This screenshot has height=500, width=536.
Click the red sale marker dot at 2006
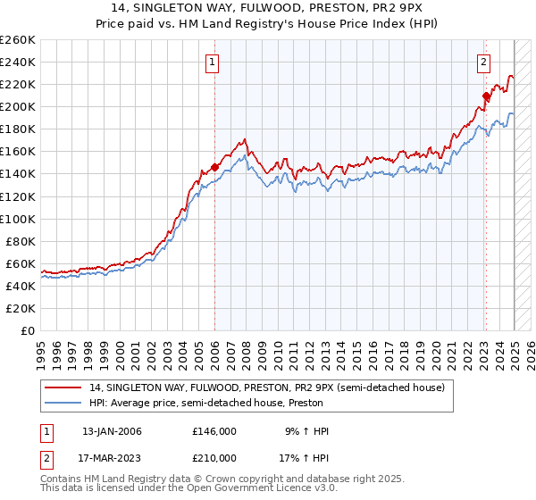tap(215, 166)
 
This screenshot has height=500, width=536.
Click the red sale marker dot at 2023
tap(486, 96)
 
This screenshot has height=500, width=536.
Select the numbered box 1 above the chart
tap(213, 62)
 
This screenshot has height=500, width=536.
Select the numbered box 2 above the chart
tap(483, 62)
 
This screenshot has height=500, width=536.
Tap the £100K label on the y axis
tap(18, 219)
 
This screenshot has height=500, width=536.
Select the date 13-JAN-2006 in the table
tap(112, 431)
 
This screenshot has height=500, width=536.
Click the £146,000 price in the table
tap(214, 431)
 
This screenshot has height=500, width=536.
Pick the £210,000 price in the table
tap(214, 457)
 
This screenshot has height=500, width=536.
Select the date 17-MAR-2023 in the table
tap(112, 457)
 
